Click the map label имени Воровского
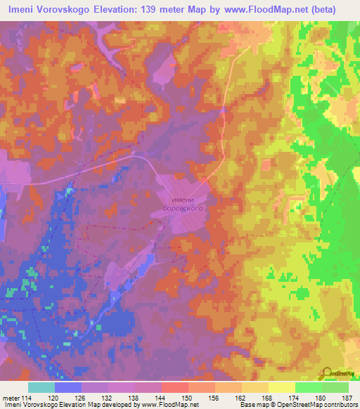point(183,204)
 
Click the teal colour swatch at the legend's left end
point(41,387)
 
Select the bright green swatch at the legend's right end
point(335,387)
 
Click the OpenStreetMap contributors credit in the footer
point(321,405)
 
